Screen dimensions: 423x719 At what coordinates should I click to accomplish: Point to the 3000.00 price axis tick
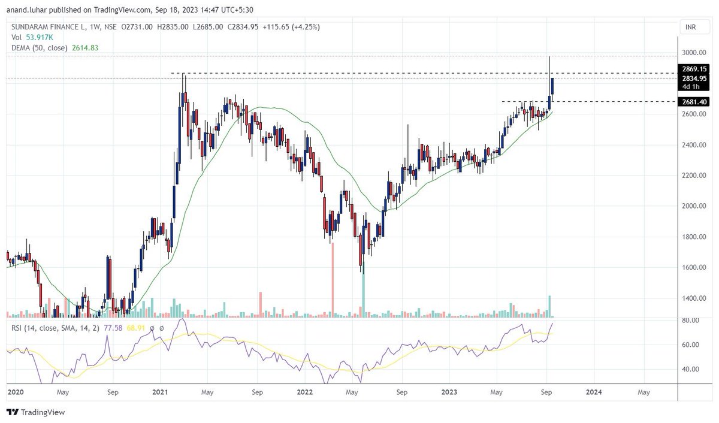tap(695, 53)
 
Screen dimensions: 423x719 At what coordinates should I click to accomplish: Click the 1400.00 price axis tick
tap(695, 298)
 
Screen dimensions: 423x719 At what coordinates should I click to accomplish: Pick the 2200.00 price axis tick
tap(695, 176)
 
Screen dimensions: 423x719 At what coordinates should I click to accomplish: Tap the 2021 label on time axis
tap(160, 392)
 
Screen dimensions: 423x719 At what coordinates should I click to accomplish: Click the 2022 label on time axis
tap(304, 392)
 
